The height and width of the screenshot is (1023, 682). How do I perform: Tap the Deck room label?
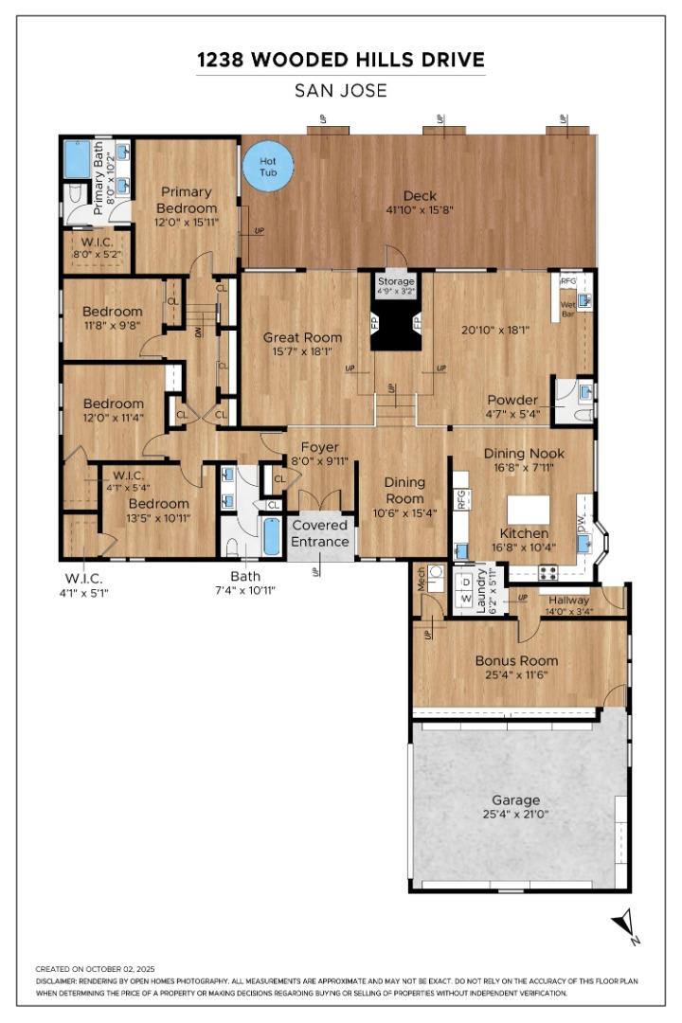(420, 196)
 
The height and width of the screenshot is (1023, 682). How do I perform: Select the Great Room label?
(302, 337)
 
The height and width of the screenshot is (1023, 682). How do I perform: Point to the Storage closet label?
(396, 281)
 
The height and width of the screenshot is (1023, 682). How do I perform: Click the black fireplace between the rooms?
(396, 327)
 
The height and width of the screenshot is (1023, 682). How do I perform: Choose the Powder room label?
(512, 400)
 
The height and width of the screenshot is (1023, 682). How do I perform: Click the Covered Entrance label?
(319, 533)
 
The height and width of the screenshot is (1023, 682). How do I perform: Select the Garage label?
(516, 799)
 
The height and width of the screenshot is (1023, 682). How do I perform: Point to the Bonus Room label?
(516, 660)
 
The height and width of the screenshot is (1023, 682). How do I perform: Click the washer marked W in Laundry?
(465, 600)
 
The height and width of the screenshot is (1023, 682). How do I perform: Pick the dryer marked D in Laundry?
(465, 582)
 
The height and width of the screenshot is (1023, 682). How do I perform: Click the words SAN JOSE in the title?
(340, 91)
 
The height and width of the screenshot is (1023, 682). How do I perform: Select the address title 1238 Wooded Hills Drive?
(340, 60)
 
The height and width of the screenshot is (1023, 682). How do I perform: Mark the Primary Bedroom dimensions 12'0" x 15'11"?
(187, 222)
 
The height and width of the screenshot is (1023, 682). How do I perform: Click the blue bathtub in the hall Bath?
(272, 537)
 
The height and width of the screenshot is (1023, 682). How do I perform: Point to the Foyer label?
(319, 447)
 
